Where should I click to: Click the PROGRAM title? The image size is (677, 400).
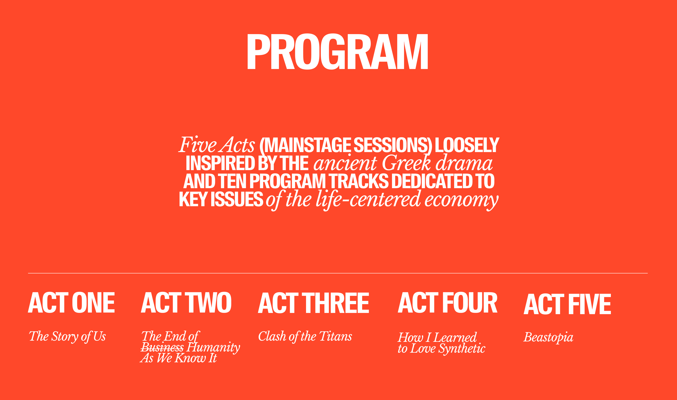point(338,52)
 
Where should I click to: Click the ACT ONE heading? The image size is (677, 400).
point(71,303)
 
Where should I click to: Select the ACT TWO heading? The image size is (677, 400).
point(186,303)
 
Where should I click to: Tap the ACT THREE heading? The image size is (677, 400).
point(313,303)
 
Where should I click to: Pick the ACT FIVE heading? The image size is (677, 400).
point(567,304)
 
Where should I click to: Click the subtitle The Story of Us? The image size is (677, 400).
point(67,337)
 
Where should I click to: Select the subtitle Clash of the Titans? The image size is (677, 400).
point(305,337)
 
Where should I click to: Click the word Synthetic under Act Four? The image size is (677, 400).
point(462,349)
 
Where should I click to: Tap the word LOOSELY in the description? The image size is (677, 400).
point(467,145)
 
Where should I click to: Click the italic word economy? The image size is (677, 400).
point(462,201)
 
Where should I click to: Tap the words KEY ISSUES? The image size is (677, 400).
point(221,199)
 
